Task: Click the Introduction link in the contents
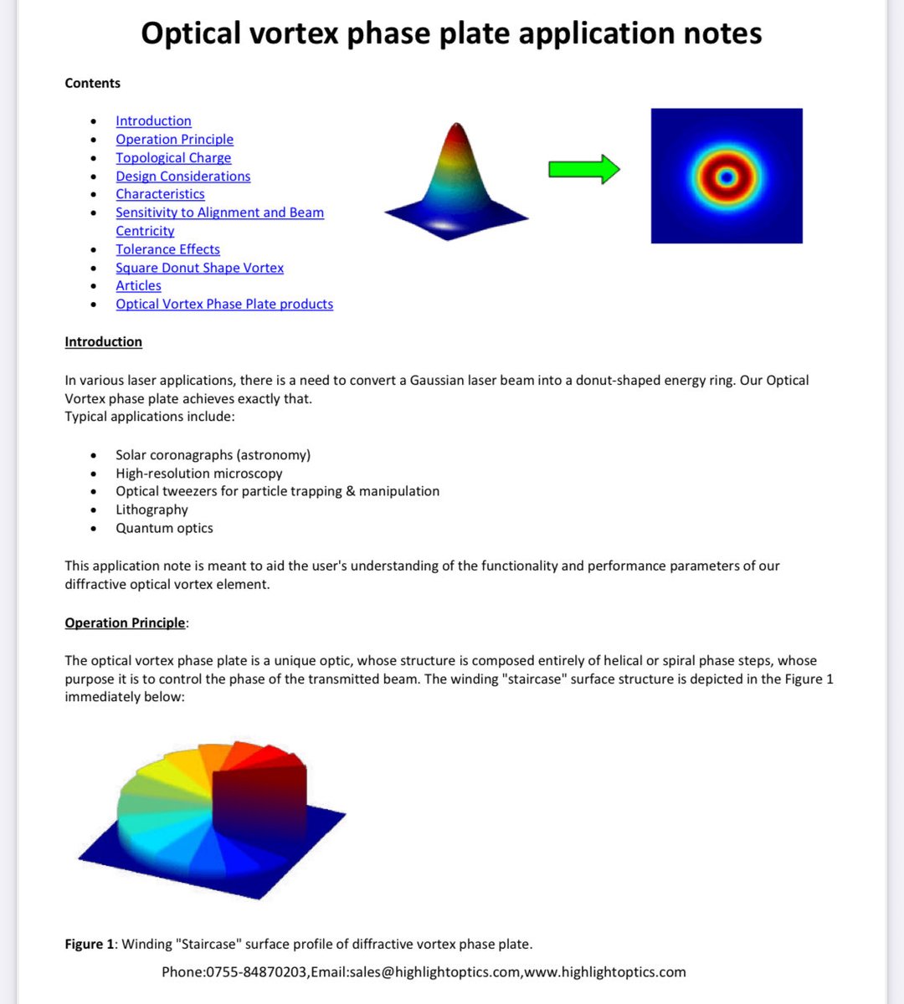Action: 153,121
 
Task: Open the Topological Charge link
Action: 173,158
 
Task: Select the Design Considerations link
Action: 182,177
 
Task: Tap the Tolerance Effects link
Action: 167,249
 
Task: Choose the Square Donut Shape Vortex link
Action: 199,268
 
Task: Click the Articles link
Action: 138,286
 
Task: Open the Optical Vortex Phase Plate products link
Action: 224,305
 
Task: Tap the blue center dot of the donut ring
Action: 726,177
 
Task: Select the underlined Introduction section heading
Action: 103,342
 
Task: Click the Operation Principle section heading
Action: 125,623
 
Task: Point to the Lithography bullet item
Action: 152,510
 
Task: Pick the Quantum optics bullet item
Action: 164,528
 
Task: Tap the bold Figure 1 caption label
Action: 89,945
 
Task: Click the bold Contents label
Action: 92,84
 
